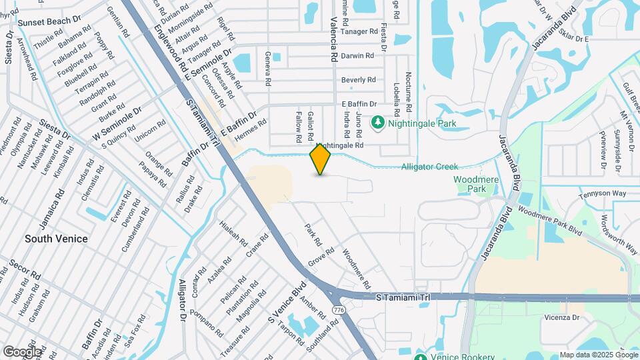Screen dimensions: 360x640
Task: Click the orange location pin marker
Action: click(321, 159)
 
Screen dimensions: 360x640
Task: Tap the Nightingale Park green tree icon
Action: click(378, 123)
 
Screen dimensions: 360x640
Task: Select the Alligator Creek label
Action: click(429, 167)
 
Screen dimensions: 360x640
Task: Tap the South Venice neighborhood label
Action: click(56, 238)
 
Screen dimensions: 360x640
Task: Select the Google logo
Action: click(22, 351)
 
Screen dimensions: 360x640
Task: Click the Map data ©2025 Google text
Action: click(598, 355)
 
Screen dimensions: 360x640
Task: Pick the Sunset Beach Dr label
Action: click(49, 22)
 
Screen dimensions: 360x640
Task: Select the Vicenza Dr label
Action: click(561, 317)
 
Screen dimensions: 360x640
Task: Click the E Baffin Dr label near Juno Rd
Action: click(359, 104)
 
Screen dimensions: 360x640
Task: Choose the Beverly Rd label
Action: click(359, 80)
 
